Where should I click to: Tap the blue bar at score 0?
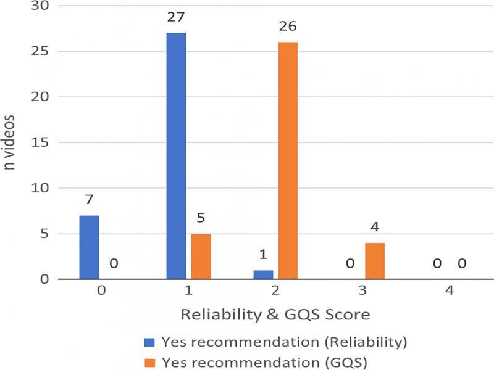click(x=89, y=247)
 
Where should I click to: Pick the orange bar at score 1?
click(x=201, y=256)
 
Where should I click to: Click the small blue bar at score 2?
click(x=263, y=274)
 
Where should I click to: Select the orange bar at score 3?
click(x=375, y=261)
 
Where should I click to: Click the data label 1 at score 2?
click(x=263, y=255)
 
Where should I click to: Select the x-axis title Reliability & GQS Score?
click(x=275, y=315)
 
